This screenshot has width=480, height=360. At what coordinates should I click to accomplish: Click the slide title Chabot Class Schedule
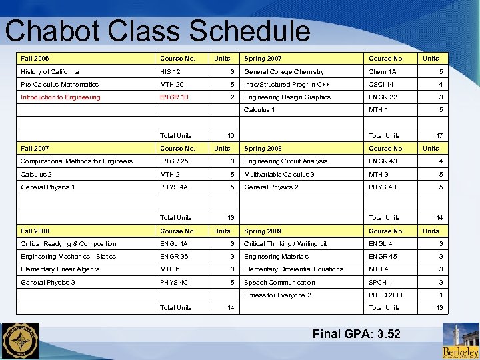[157, 31]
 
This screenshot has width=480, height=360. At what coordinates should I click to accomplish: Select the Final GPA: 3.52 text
[356, 333]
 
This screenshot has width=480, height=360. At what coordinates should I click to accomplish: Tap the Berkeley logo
[460, 341]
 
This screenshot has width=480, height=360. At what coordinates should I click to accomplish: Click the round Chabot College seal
[20, 341]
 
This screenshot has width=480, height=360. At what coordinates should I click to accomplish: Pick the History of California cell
[50, 71]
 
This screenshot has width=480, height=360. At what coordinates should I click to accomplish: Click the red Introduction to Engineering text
[61, 97]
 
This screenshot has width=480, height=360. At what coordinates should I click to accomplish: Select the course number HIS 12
[170, 71]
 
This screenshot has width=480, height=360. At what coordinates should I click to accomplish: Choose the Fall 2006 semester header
[35, 59]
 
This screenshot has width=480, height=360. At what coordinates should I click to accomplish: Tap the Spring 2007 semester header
[263, 59]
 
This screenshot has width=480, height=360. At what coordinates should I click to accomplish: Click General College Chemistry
[284, 71]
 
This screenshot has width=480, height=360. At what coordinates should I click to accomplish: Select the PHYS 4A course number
[174, 187]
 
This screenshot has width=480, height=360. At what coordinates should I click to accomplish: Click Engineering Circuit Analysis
[286, 161]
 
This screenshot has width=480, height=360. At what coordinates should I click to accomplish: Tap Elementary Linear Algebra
[60, 269]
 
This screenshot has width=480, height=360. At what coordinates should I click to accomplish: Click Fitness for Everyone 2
[277, 295]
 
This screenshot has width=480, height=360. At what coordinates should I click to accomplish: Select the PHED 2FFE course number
[387, 295]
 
